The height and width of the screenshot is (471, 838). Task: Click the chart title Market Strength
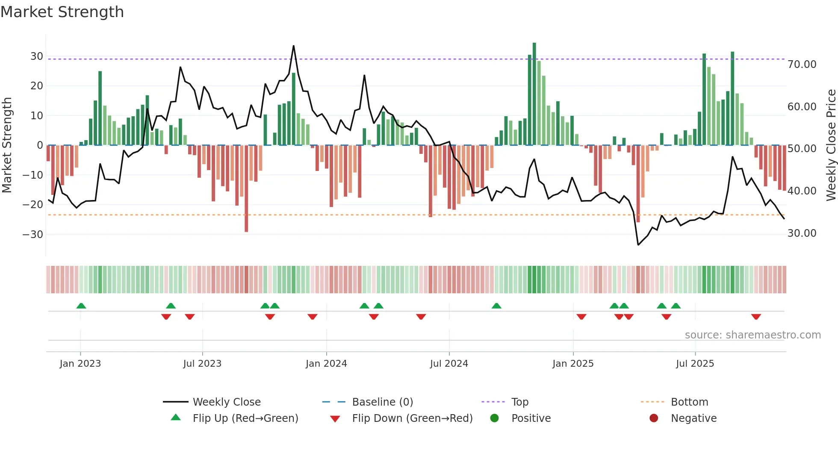(62, 12)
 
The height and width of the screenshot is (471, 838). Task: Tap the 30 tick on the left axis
(37, 56)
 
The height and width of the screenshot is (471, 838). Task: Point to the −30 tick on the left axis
(33, 234)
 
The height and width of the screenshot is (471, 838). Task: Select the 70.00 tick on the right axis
(802, 65)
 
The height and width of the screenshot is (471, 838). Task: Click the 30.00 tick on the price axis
(802, 233)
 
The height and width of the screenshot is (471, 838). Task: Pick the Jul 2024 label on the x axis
(449, 364)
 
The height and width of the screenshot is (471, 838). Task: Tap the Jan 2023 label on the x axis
(80, 364)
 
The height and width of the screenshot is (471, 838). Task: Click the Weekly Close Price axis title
(831, 145)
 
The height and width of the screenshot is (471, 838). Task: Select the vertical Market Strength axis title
(7, 145)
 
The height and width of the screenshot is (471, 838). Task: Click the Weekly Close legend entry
(226, 402)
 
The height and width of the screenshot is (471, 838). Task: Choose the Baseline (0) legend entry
(382, 402)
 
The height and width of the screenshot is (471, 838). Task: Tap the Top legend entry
(519, 402)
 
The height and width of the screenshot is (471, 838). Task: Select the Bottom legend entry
(689, 402)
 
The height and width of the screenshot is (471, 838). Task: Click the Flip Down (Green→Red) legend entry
(412, 418)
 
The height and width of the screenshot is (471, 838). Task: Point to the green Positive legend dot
(495, 418)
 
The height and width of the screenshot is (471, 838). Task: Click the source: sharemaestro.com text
(752, 335)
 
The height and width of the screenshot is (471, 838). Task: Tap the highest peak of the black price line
(294, 46)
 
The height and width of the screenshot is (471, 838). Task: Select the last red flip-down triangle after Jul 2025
(756, 317)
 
